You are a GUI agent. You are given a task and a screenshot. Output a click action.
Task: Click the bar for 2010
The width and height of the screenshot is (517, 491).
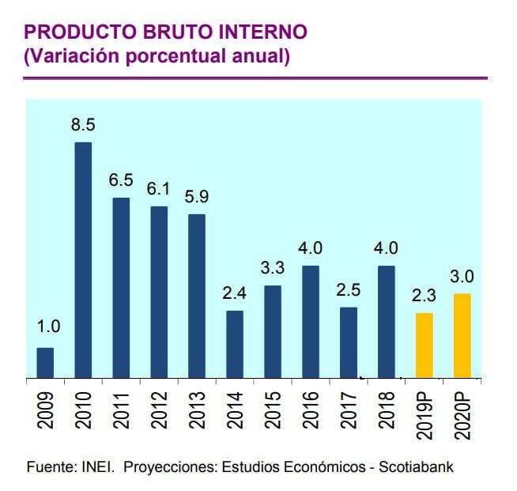tap(83, 260)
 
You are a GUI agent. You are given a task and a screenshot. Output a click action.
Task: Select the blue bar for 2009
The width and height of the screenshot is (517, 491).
tap(45, 363)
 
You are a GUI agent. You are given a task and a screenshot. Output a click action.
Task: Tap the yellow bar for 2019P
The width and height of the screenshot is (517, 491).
tap(425, 346)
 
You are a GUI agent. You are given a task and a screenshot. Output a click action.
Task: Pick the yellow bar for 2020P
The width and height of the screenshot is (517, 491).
tap(462, 336)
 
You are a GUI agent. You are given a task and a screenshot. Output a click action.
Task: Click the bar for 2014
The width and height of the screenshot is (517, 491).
tap(235, 345)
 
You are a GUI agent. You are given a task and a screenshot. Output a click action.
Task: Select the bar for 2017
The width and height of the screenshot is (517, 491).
tap(349, 343)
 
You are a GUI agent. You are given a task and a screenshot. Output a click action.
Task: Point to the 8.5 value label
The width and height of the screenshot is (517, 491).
tap(83, 125)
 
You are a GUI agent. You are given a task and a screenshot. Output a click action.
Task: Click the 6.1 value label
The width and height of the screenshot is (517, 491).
tap(159, 190)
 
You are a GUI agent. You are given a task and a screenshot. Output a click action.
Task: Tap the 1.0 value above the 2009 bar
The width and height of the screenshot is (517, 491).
tap(45, 327)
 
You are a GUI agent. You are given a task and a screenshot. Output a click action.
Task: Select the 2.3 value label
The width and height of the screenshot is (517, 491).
tap(425, 296)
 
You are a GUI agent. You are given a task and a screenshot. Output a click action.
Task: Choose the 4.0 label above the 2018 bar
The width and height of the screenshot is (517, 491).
tap(387, 248)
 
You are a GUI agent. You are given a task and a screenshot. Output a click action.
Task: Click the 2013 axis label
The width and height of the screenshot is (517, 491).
tap(198, 410)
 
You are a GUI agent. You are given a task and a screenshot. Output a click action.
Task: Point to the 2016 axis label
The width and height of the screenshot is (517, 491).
tap(311, 410)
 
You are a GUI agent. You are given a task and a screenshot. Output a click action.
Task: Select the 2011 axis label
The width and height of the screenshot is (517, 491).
tap(122, 410)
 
